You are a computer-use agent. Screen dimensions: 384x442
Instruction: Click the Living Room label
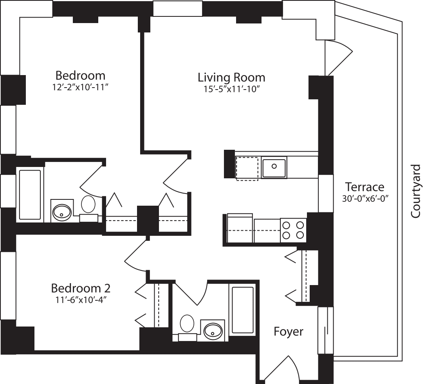pyautogui.click(x=231, y=77)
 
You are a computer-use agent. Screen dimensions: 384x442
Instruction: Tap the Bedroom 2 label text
pyautogui.click(x=81, y=289)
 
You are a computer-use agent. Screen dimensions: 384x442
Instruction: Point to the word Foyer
pyautogui.click(x=288, y=332)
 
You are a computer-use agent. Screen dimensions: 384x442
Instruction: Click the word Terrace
pyautogui.click(x=364, y=187)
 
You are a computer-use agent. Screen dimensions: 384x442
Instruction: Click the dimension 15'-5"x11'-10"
pyautogui.click(x=231, y=89)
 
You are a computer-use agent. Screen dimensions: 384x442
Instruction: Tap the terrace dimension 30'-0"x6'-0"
pyautogui.click(x=364, y=198)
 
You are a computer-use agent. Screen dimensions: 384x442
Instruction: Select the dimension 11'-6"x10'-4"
pyautogui.click(x=80, y=300)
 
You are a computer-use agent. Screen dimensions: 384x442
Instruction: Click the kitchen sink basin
pyautogui.click(x=274, y=167)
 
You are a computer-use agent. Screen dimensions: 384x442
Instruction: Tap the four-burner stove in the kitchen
pyautogui.click(x=293, y=230)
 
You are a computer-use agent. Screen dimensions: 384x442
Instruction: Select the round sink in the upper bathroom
pyautogui.click(x=61, y=212)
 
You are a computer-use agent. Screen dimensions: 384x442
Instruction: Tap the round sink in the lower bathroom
pyautogui.click(x=213, y=331)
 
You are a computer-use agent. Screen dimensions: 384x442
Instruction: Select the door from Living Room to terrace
pyautogui.click(x=337, y=57)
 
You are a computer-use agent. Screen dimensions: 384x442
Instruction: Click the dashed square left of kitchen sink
pyautogui.click(x=247, y=168)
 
